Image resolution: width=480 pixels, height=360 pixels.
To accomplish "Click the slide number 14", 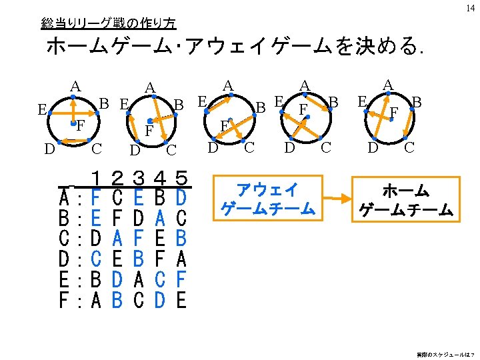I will point(471,8).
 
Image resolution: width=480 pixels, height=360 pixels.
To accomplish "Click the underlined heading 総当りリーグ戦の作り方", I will point(108,23).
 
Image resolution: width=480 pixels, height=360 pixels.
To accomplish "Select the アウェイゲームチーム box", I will point(267,199).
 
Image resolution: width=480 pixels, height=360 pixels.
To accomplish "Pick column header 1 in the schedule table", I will point(97,178).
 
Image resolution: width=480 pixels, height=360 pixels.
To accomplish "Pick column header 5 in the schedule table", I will point(181,178).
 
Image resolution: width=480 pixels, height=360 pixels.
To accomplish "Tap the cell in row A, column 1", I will point(97,198).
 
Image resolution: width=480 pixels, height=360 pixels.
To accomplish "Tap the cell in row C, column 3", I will point(139,239).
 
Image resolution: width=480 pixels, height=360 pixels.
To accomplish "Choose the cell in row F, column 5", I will point(181,301).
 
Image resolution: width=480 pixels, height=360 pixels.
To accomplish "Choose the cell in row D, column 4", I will point(160,259).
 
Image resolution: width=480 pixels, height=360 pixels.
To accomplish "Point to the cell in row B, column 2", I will point(118,218).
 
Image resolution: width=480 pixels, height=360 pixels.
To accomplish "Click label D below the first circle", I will point(49,147).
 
